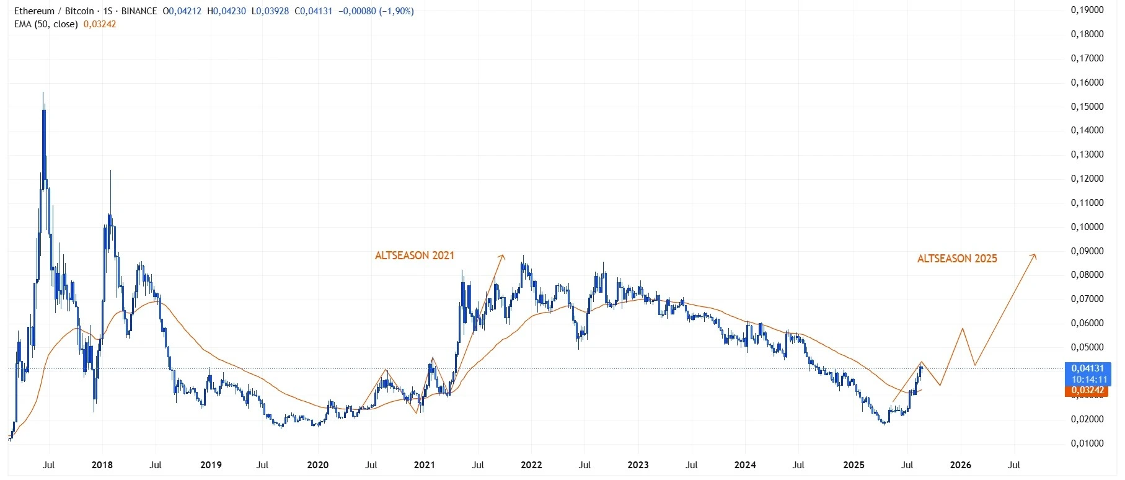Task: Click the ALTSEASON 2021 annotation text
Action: click(x=414, y=256)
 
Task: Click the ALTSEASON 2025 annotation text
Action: click(x=956, y=259)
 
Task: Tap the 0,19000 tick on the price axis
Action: click(x=1087, y=10)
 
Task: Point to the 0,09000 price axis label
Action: click(x=1087, y=251)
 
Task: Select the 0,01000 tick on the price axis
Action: click(x=1087, y=443)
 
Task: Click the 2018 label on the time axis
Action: click(x=102, y=465)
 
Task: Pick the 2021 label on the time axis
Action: click(x=424, y=465)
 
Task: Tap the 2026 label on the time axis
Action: click(x=961, y=465)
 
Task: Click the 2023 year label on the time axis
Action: click(x=638, y=465)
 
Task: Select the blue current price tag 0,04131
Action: click(x=1088, y=368)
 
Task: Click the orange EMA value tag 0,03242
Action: click(x=1088, y=390)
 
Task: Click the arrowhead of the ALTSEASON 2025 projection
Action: click(x=1034, y=255)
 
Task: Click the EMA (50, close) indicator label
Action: click(x=46, y=24)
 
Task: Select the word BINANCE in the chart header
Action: click(x=139, y=11)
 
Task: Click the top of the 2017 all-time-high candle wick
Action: click(x=43, y=92)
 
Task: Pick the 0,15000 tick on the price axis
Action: click(x=1087, y=107)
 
